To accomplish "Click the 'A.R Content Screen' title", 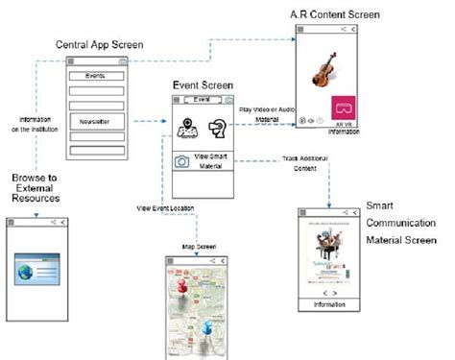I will coord(335,15).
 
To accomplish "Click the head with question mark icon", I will coord(219,125).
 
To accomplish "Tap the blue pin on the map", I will coord(208,330).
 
